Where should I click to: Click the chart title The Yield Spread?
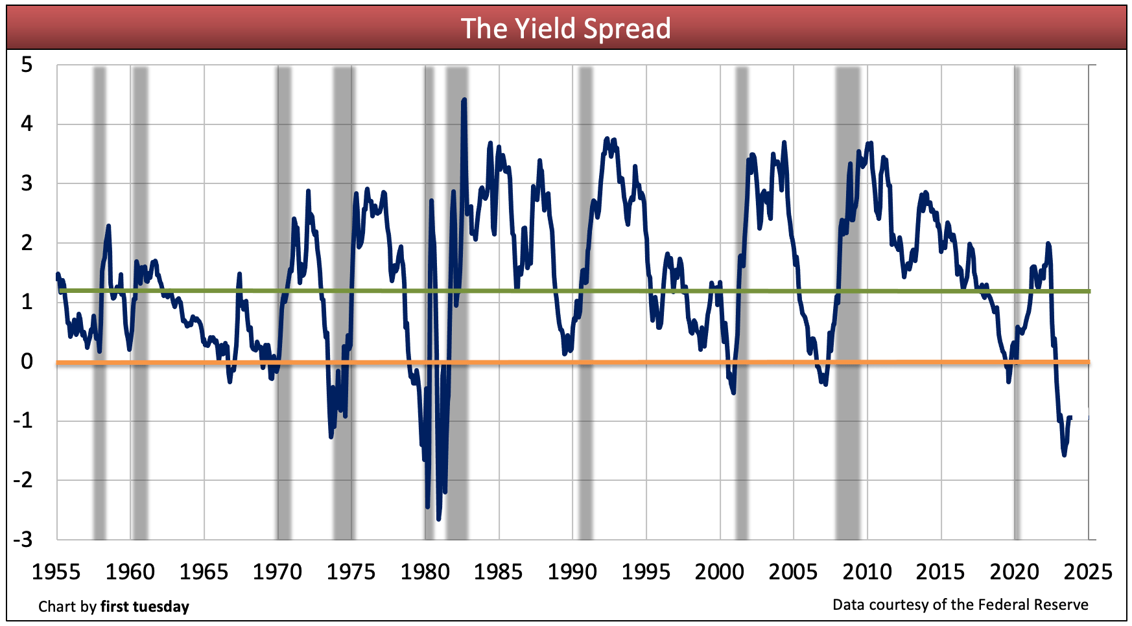(565, 29)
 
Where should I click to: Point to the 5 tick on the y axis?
(27, 65)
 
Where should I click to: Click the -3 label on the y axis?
(23, 539)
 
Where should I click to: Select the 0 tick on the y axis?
(27, 361)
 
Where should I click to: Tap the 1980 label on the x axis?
(425, 572)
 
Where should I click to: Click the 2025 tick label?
(1088, 572)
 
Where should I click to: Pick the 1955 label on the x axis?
(56, 572)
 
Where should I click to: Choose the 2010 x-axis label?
(867, 572)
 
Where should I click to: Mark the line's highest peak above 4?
(464, 100)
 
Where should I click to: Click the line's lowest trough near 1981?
(439, 518)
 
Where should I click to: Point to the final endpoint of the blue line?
(1071, 417)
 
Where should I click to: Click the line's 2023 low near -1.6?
(1064, 454)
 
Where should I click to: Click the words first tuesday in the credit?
(145, 607)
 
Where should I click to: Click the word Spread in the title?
(626, 29)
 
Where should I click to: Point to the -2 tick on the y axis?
(23, 480)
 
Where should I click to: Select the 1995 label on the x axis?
(646, 572)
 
